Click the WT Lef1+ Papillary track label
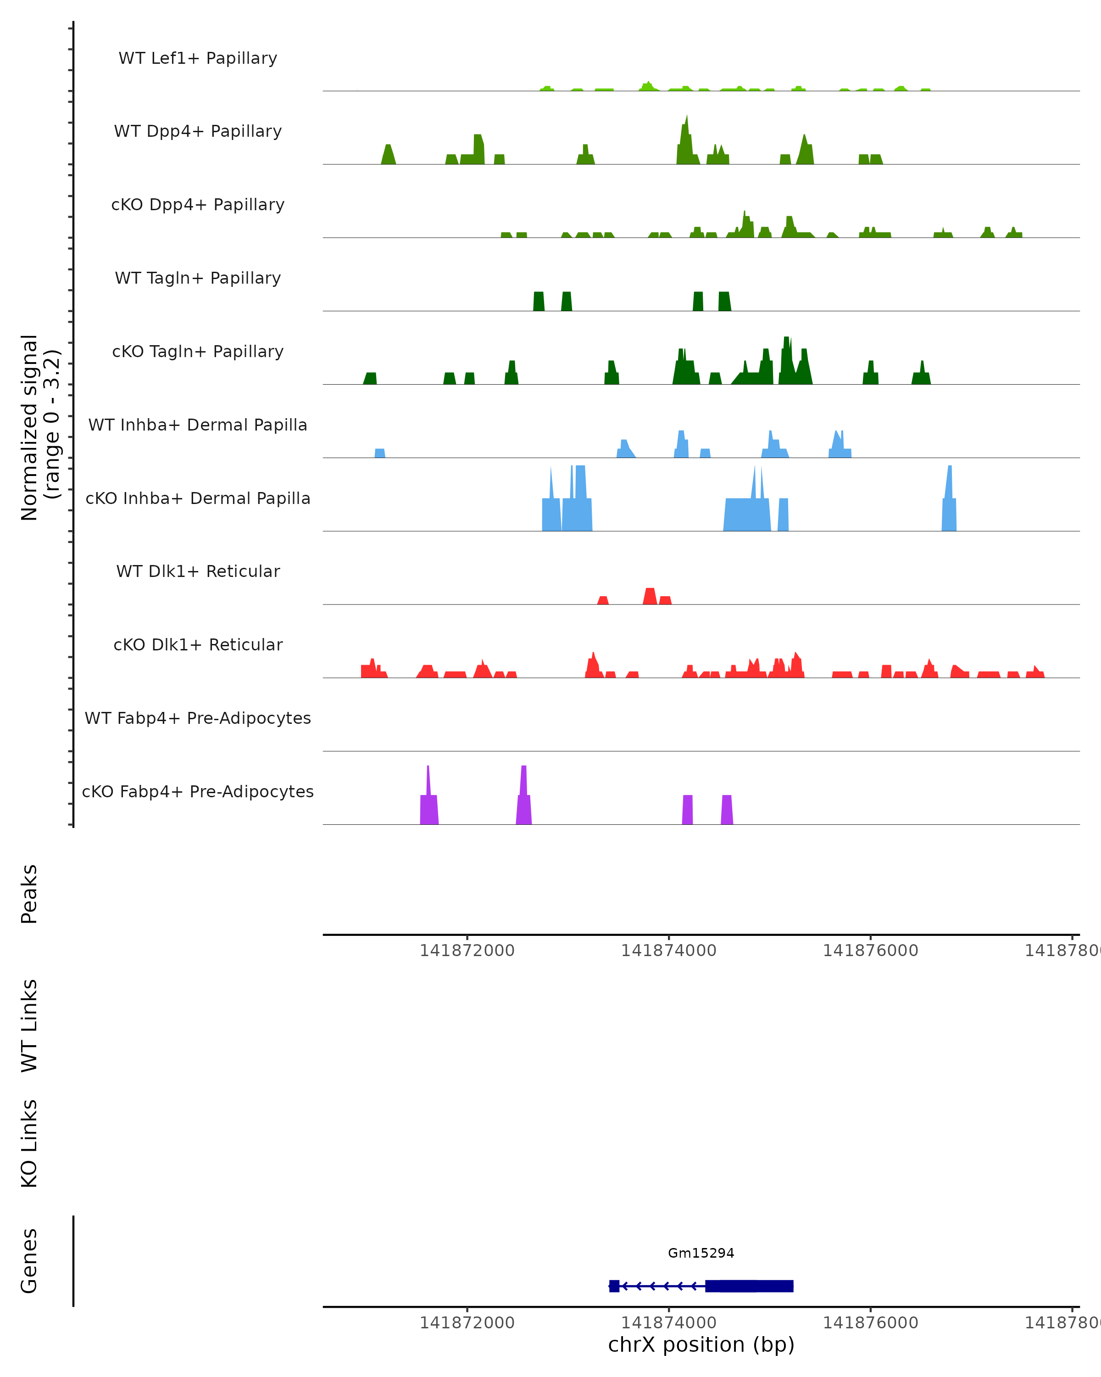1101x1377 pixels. point(198,58)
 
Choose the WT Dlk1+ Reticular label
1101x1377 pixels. point(198,571)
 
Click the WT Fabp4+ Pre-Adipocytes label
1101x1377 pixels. point(198,718)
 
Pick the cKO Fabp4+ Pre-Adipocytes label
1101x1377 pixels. point(198,791)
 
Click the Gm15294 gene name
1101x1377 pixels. point(701,1253)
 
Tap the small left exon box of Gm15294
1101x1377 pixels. point(614,1286)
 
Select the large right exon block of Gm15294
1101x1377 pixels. point(749,1286)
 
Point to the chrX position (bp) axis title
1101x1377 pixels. point(701,1344)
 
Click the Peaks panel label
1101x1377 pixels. point(29,894)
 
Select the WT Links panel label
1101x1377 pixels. point(29,1025)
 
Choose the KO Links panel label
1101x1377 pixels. point(29,1143)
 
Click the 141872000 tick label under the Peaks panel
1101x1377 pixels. point(467,951)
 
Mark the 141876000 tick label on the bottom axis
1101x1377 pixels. point(870,1323)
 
